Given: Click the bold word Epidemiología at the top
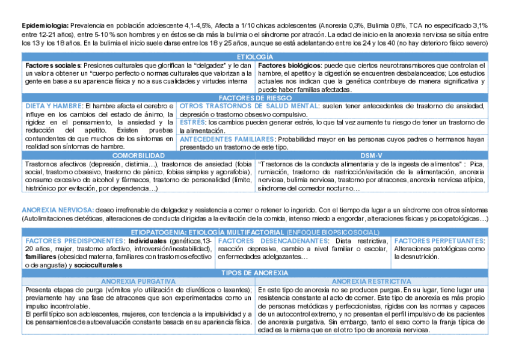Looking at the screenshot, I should pyautogui.click(x=45, y=26).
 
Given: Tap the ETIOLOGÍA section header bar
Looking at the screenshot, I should pyautogui.click(x=254, y=56).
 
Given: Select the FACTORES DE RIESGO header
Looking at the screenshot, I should pyautogui.click(x=254, y=98).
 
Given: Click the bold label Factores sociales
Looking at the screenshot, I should pyautogui.click(x=53, y=65).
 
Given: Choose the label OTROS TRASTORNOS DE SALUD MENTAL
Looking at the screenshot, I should pyautogui.click(x=249, y=106).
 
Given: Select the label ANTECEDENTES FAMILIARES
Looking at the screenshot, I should pyautogui.click(x=227, y=139).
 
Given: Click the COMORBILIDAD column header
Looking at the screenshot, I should pyautogui.click(x=138, y=155).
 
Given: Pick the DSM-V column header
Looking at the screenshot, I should pyautogui.click(x=371, y=155).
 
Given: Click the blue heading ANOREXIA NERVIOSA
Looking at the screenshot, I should pyautogui.click(x=57, y=210).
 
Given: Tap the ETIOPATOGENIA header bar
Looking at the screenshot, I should pyautogui.click(x=254, y=232).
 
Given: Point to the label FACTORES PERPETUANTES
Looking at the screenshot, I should pyautogui.click(x=439, y=240).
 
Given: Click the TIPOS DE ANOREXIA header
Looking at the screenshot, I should pyautogui.click(x=254, y=273).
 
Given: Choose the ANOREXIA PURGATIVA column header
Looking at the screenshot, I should pyautogui.click(x=138, y=281).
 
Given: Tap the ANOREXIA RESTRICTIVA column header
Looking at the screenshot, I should pyautogui.click(x=371, y=281).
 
